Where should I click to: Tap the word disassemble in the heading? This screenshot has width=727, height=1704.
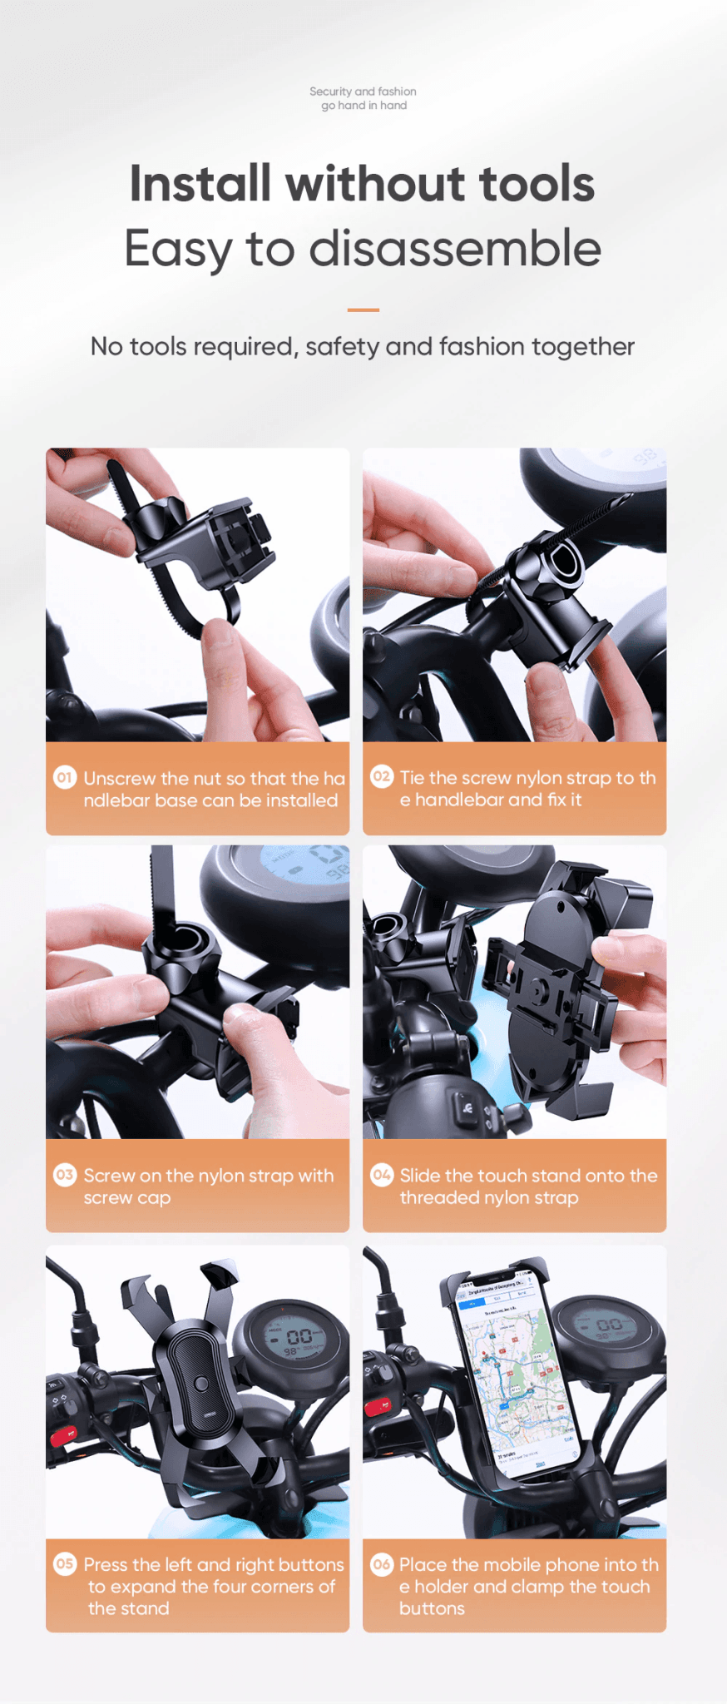point(454,249)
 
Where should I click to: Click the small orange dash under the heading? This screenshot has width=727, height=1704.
point(363,310)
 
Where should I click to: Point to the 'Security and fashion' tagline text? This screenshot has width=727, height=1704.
point(363,92)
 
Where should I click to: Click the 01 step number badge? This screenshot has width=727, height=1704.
point(65,777)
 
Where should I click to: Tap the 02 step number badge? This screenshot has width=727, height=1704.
point(381,776)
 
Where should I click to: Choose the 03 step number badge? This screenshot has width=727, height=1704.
point(65,1175)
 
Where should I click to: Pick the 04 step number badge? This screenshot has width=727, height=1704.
point(381,1175)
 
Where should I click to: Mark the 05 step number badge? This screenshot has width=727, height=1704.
point(65,1563)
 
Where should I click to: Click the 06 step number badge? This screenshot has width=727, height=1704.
point(381,1563)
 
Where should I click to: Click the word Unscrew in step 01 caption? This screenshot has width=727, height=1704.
point(119,779)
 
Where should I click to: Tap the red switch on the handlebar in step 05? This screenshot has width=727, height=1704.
point(63,1436)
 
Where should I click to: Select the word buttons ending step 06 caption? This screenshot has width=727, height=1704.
point(432,1608)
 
